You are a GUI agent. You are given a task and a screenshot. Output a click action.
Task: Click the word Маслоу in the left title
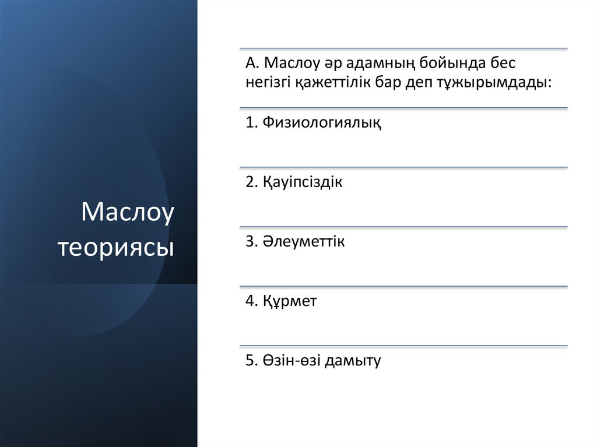(x=128, y=213)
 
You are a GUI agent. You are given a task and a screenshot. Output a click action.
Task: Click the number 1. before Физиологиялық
(x=251, y=123)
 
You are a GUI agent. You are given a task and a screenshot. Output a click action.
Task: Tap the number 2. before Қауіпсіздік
(x=251, y=182)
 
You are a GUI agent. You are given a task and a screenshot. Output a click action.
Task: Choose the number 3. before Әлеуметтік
(x=251, y=241)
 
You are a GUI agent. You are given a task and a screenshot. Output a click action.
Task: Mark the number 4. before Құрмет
(x=251, y=301)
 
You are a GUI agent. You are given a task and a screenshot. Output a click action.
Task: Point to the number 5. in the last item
(x=251, y=361)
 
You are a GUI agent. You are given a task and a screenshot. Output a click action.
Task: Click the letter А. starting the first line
(x=252, y=63)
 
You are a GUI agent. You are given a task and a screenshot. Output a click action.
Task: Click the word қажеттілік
(x=327, y=83)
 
